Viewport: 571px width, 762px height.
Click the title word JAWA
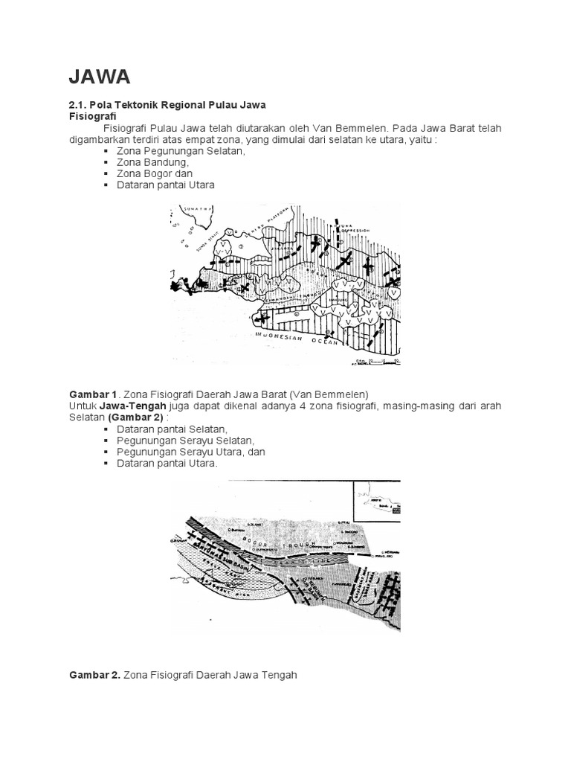100,77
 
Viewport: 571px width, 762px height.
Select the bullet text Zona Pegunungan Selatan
181,151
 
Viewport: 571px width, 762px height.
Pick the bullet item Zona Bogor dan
155,173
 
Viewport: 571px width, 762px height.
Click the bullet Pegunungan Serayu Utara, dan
191,452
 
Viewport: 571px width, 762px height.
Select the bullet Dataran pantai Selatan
172,429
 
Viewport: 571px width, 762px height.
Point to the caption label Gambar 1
94,394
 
